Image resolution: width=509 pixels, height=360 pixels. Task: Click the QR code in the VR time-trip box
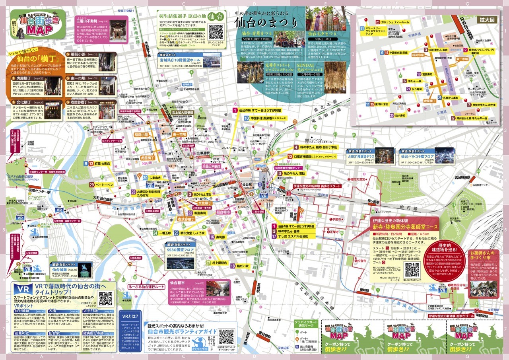106,299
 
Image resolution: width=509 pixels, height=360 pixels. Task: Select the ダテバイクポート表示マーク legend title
305,325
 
